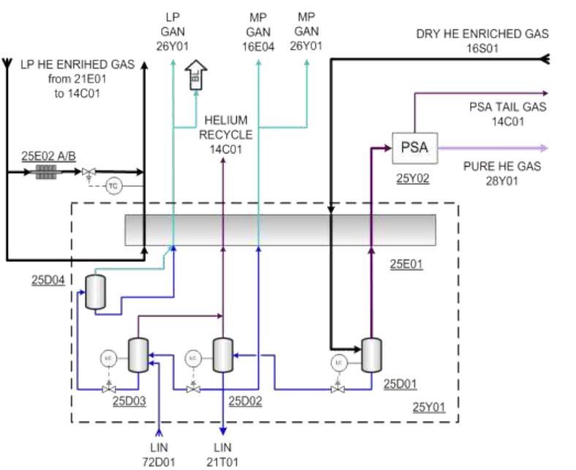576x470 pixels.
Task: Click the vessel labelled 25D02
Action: click(x=222, y=355)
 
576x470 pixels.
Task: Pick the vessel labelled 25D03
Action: click(x=137, y=355)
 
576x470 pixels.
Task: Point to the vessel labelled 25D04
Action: click(x=93, y=292)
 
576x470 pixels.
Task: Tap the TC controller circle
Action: click(x=113, y=186)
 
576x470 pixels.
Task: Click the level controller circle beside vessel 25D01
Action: click(x=338, y=362)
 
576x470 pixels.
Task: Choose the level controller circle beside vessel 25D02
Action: click(x=192, y=358)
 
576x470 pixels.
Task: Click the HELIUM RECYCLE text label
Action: click(x=227, y=127)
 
